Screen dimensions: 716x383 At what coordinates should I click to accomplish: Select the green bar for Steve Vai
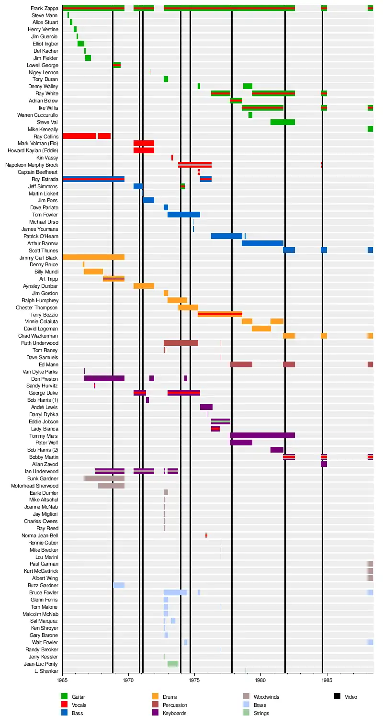point(282,122)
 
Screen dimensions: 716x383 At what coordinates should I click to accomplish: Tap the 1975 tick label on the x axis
point(194,680)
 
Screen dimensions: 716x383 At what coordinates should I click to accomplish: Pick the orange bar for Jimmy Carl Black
point(93,258)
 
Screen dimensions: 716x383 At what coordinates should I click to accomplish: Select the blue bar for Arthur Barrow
point(262,243)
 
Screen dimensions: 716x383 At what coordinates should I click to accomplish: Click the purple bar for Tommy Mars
point(262,435)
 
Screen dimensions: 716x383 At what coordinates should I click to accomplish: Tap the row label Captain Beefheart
point(38,172)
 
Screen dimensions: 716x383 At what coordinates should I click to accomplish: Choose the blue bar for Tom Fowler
point(184,215)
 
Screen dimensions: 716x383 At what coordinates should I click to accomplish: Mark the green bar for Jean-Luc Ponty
point(173,664)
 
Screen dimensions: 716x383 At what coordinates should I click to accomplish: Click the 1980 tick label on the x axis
point(260,680)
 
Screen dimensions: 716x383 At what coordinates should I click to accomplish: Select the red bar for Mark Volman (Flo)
point(144,143)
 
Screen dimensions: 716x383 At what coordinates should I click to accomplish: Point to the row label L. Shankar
point(46,671)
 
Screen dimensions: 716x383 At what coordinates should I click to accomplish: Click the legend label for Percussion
point(175,705)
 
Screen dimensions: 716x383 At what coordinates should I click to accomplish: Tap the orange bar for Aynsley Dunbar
point(144,286)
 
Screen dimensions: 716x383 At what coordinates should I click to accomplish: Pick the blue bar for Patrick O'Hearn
point(226,236)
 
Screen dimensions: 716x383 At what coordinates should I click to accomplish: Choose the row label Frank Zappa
point(44,8)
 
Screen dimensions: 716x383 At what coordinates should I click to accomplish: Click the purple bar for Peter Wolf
point(241,443)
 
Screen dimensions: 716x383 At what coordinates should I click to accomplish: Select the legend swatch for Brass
point(246,705)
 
